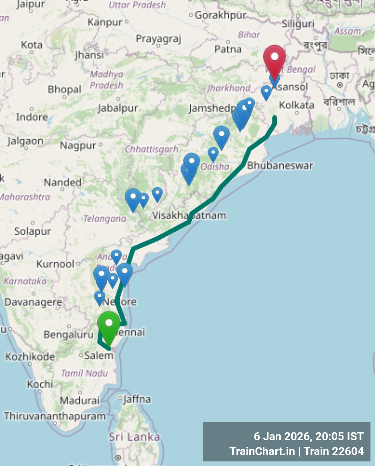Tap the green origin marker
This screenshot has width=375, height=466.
tap(109, 326)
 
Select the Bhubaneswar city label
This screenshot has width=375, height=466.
tap(280, 165)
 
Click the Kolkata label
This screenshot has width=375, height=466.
tap(297, 105)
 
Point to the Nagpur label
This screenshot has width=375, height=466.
tap(78, 146)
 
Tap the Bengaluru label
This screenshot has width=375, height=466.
tap(69, 334)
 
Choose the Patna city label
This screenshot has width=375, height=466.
tap(228, 49)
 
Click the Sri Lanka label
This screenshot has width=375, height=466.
tap(134, 437)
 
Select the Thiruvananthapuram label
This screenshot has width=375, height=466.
tap(55, 416)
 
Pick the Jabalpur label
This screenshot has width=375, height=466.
tap(118, 108)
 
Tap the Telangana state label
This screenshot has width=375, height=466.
tap(105, 219)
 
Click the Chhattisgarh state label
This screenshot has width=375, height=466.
tap(152, 149)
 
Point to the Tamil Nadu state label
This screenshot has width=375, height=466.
tap(85, 374)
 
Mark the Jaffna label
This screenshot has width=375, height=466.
tap(137, 399)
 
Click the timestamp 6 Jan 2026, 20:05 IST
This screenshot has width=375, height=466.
tap(308, 436)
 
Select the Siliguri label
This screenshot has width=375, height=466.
tap(298, 24)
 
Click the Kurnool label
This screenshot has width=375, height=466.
tap(55, 264)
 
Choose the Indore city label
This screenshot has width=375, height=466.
tap(32, 117)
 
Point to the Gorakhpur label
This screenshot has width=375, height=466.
tap(220, 15)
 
